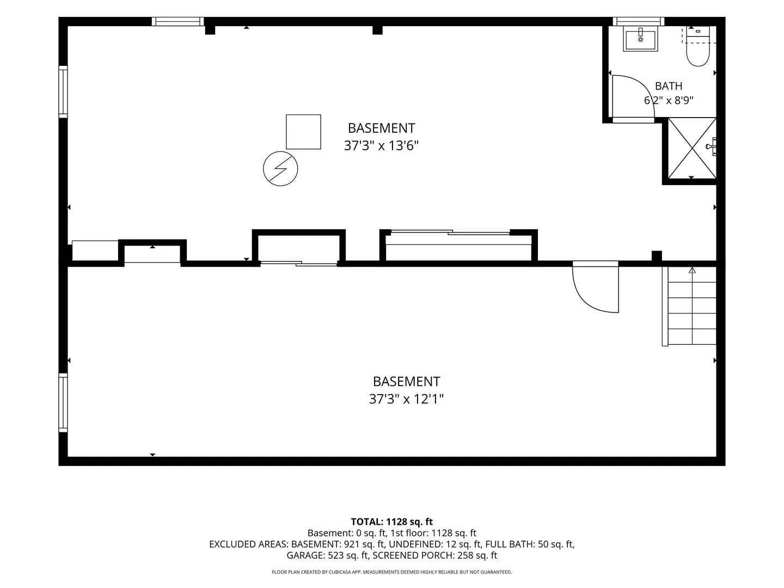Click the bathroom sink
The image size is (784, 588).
640,39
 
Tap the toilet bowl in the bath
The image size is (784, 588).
697,53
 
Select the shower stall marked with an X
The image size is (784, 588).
692,148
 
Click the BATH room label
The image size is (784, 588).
668,86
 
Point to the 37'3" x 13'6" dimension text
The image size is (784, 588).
381,146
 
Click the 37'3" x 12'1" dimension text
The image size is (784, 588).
406,399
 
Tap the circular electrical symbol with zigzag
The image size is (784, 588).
280,169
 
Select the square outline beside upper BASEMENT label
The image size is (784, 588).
303,132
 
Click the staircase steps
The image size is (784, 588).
689,306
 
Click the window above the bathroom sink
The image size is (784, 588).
638,21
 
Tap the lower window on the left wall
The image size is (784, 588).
63,403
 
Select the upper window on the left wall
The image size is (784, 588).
63,92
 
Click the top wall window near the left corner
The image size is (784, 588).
177,21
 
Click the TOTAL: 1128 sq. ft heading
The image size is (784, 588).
392,522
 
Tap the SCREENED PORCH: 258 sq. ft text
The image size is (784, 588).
435,555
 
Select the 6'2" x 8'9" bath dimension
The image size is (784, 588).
668,100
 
